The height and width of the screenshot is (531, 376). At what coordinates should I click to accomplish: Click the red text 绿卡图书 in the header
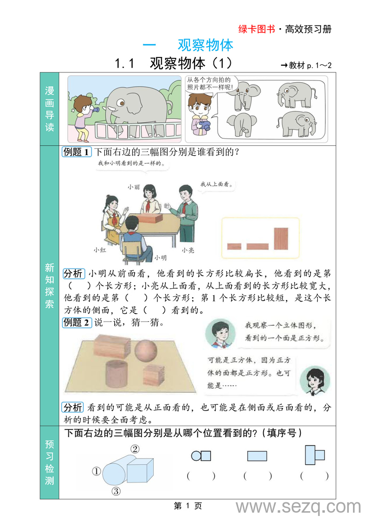(x=257, y=29)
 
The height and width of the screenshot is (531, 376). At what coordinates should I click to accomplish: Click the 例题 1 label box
(x=77, y=152)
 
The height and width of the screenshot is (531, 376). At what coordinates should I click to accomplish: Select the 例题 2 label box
(x=77, y=322)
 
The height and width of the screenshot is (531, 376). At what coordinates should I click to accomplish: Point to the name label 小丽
(x=133, y=187)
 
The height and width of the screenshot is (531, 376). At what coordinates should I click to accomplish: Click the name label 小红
(x=99, y=250)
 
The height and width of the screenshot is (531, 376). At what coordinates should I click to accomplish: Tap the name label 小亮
(x=188, y=250)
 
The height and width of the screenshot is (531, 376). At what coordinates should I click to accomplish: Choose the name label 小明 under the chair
(x=160, y=258)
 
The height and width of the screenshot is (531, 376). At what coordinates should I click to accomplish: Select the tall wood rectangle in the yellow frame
(x=281, y=238)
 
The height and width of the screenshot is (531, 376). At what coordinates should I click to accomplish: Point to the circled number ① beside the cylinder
(x=96, y=471)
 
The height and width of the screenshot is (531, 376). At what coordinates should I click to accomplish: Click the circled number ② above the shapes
(x=135, y=449)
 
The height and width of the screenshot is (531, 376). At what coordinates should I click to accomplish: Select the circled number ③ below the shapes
(x=116, y=491)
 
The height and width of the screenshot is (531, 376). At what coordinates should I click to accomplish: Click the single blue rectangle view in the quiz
(x=257, y=456)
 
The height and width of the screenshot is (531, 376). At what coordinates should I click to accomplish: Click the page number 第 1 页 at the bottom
(x=188, y=506)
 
